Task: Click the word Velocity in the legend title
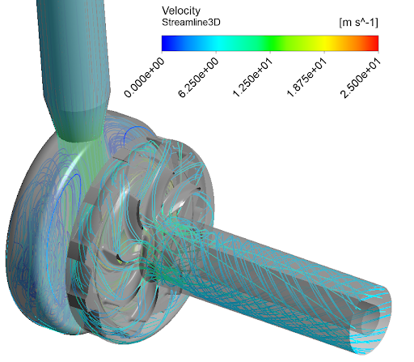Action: click(181, 11)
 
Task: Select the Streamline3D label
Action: click(191, 23)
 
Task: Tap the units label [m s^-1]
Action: click(358, 23)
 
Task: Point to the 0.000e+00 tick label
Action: click(144, 78)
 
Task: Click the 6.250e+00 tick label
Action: click(198, 78)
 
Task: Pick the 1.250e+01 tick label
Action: click(252, 78)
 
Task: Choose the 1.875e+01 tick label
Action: click(306, 78)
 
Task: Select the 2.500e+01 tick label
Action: click(361, 78)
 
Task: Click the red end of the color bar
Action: click(375, 43)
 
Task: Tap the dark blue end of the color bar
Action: click(165, 43)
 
